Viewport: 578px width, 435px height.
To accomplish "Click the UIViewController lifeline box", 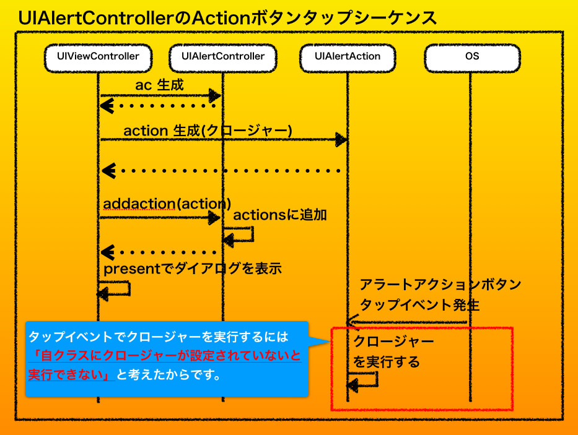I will click(97, 56).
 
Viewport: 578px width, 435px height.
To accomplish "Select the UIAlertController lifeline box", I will click(223, 56).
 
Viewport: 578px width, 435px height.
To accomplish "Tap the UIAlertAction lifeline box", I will click(347, 56).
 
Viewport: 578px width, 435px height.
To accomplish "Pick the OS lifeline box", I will click(471, 56).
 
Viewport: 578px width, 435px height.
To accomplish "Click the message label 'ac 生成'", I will click(159, 85).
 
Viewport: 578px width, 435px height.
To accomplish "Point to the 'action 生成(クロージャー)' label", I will click(208, 131).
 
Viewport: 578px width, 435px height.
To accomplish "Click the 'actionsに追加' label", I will click(279, 215).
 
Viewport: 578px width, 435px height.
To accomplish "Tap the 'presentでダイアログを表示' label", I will click(193, 269).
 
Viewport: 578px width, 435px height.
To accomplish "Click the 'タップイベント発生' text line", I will click(419, 305).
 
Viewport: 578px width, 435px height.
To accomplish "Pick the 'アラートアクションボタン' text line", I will click(440, 285).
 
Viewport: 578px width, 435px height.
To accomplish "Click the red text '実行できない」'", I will click(68, 375).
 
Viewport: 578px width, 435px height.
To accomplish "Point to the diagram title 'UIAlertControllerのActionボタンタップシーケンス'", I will click(227, 17).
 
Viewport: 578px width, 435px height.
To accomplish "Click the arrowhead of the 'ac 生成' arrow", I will click(215, 95).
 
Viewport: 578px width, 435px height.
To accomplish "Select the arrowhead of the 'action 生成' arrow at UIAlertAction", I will click(341, 140).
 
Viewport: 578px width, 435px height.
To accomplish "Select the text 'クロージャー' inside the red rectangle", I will click(393, 342).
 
